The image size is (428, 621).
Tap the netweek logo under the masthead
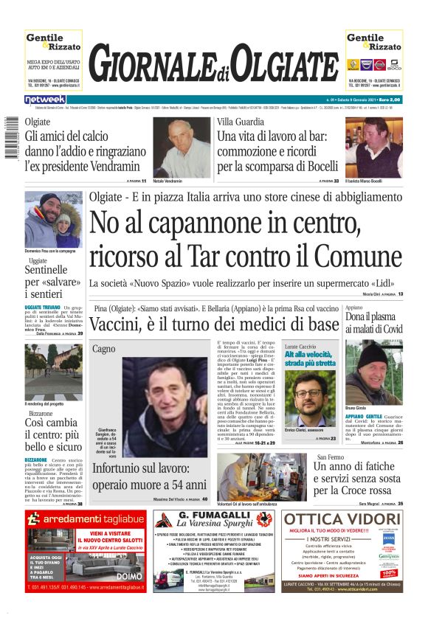(x=45, y=99)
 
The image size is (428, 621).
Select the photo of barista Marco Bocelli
(x=373, y=146)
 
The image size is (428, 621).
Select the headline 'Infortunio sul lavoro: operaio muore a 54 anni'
(x=149, y=476)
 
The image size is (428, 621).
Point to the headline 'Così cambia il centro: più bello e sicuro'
(x=53, y=434)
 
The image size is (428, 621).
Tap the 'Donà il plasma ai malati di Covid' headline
(x=373, y=322)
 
